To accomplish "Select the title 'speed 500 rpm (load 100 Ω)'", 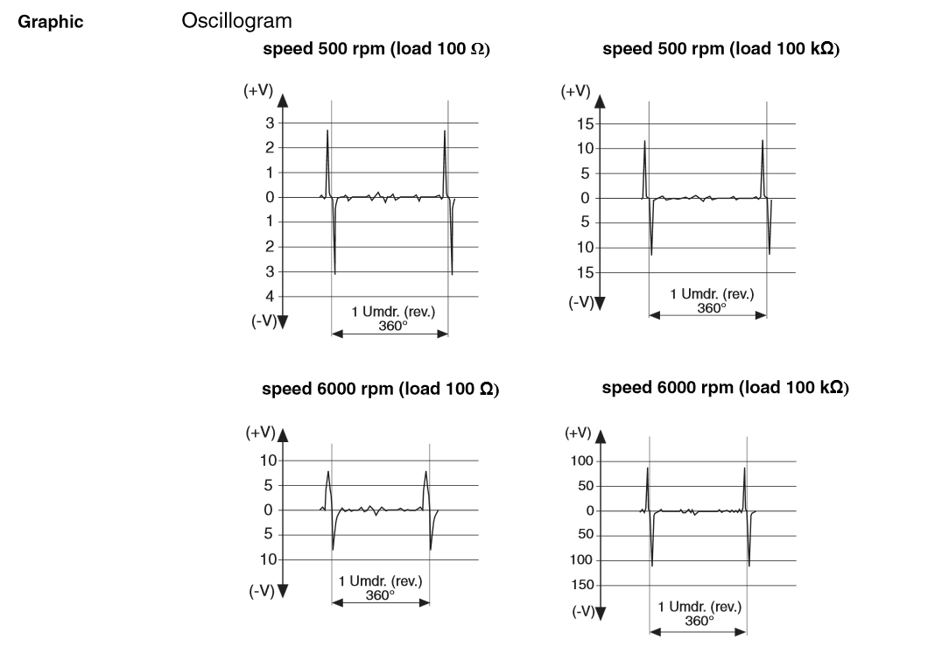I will [376, 49].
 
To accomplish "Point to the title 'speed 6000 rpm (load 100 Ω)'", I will [381, 389].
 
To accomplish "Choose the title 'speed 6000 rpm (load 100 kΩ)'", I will [725, 387].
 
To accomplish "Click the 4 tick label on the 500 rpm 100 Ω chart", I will [271, 297].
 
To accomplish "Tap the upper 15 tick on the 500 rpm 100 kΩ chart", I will [585, 123].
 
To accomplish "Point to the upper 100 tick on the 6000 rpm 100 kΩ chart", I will [583, 461].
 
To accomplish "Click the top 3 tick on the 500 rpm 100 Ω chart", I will [271, 123].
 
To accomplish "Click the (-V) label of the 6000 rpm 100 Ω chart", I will [260, 591].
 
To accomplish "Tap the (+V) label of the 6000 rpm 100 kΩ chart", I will [579, 433].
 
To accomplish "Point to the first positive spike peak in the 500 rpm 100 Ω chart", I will [327, 131].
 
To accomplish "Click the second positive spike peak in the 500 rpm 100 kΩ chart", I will [763, 140].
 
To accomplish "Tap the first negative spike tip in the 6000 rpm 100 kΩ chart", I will [652, 566].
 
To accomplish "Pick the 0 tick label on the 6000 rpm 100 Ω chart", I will [271, 510].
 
